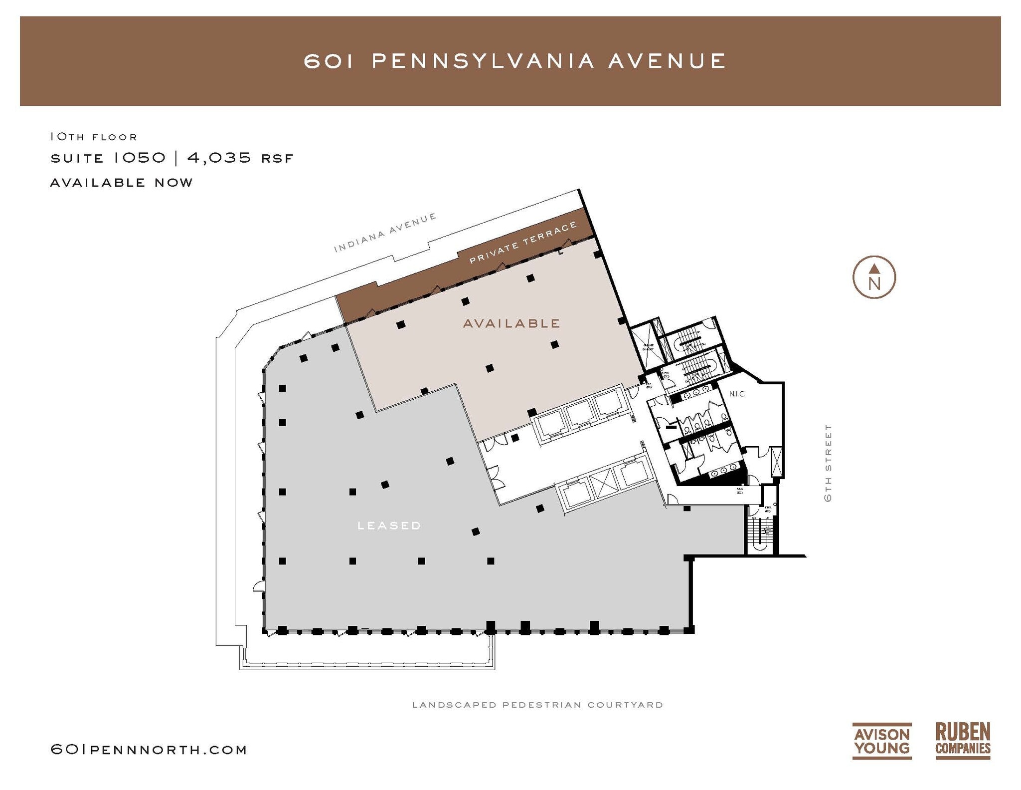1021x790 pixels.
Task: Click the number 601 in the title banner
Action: [x=329, y=61]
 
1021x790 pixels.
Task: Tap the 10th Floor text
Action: [x=93, y=137]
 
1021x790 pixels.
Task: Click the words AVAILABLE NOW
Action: [x=121, y=183]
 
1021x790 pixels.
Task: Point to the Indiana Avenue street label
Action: [x=385, y=232]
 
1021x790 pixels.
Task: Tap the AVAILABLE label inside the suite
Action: [x=511, y=323]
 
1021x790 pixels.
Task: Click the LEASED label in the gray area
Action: [x=389, y=526]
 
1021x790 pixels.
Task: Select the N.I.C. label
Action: [x=737, y=394]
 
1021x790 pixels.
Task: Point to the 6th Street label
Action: [x=828, y=463]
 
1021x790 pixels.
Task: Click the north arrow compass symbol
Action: [x=874, y=277]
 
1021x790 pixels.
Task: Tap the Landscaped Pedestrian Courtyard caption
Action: [x=537, y=705]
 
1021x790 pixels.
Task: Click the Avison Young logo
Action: [x=882, y=741]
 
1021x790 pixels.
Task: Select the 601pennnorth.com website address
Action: [x=149, y=750]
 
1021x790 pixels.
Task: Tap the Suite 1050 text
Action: [x=108, y=158]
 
